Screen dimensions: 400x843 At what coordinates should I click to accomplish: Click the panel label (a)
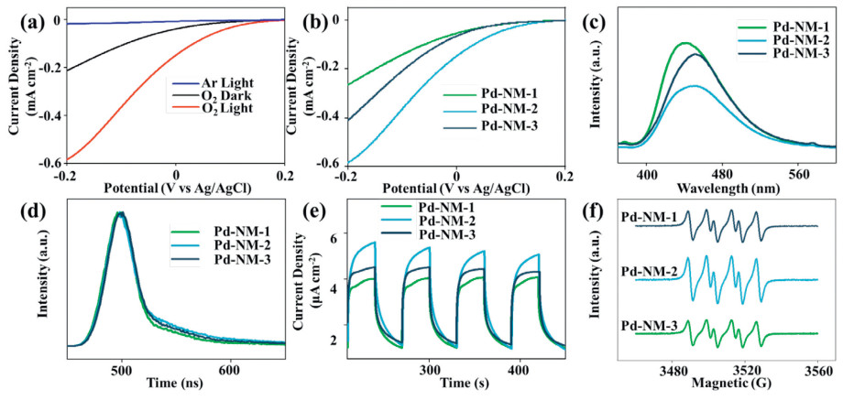(15, 16)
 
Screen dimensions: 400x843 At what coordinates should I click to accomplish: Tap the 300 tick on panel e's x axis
(429, 369)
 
